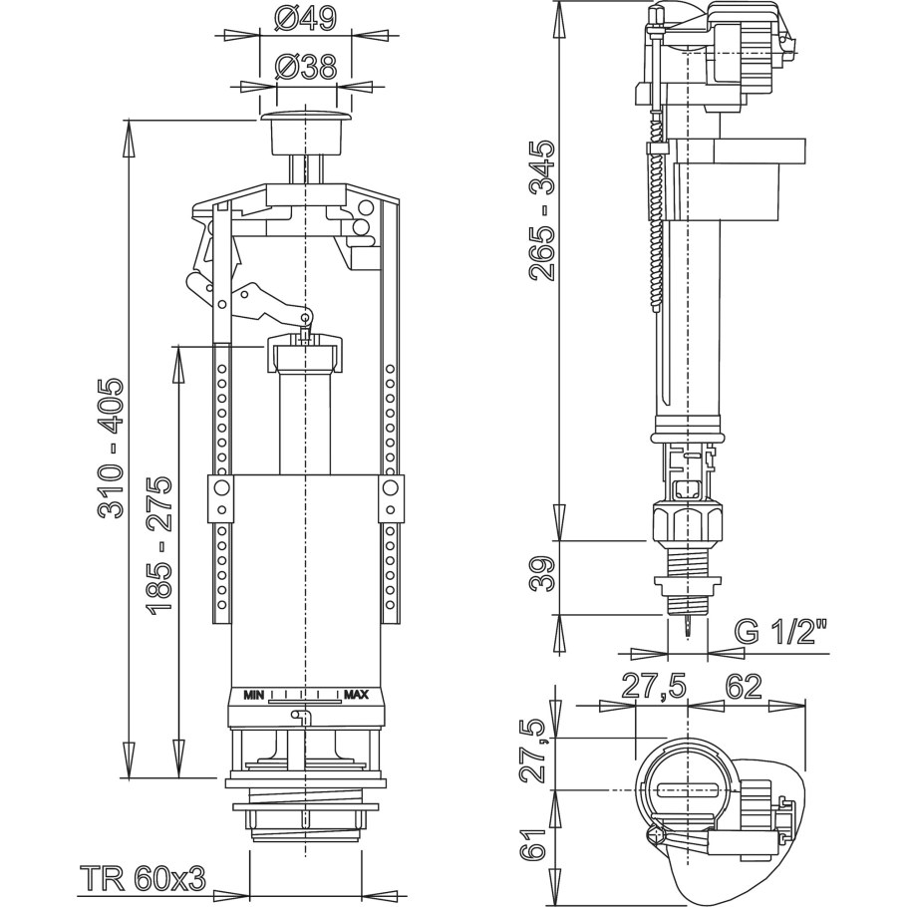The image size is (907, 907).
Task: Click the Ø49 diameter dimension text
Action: coord(305,19)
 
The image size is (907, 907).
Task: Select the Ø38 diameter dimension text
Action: coord(305,67)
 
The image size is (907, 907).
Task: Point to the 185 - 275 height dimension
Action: coord(160,544)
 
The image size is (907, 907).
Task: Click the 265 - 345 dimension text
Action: coord(542,210)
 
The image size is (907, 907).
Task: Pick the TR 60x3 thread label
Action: coord(142,878)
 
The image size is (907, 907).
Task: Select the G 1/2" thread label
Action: coord(781,631)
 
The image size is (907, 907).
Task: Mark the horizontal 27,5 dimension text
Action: coord(659,686)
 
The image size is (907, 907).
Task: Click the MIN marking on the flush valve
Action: coord(254,695)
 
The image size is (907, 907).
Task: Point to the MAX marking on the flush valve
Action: coord(356,695)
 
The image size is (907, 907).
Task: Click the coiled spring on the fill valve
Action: coord(655,229)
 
